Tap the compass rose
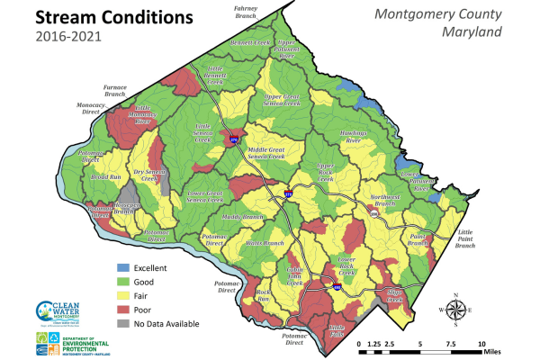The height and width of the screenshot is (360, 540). tap(456, 310)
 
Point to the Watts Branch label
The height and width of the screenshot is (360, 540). tap(265, 243)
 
